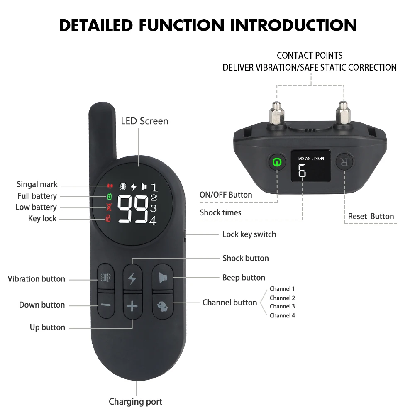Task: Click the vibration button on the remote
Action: (106, 277)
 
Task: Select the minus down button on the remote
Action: (106, 305)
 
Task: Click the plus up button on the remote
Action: (132, 307)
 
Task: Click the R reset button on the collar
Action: (344, 162)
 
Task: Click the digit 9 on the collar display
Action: (302, 171)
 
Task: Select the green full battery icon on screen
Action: (109, 196)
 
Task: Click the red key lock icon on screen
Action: (108, 218)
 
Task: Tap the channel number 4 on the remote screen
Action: (153, 221)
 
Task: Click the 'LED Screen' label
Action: (144, 121)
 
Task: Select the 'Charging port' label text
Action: (135, 401)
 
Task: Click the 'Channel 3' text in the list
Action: (282, 306)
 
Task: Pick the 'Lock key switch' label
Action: (249, 234)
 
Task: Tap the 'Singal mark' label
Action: (37, 185)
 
